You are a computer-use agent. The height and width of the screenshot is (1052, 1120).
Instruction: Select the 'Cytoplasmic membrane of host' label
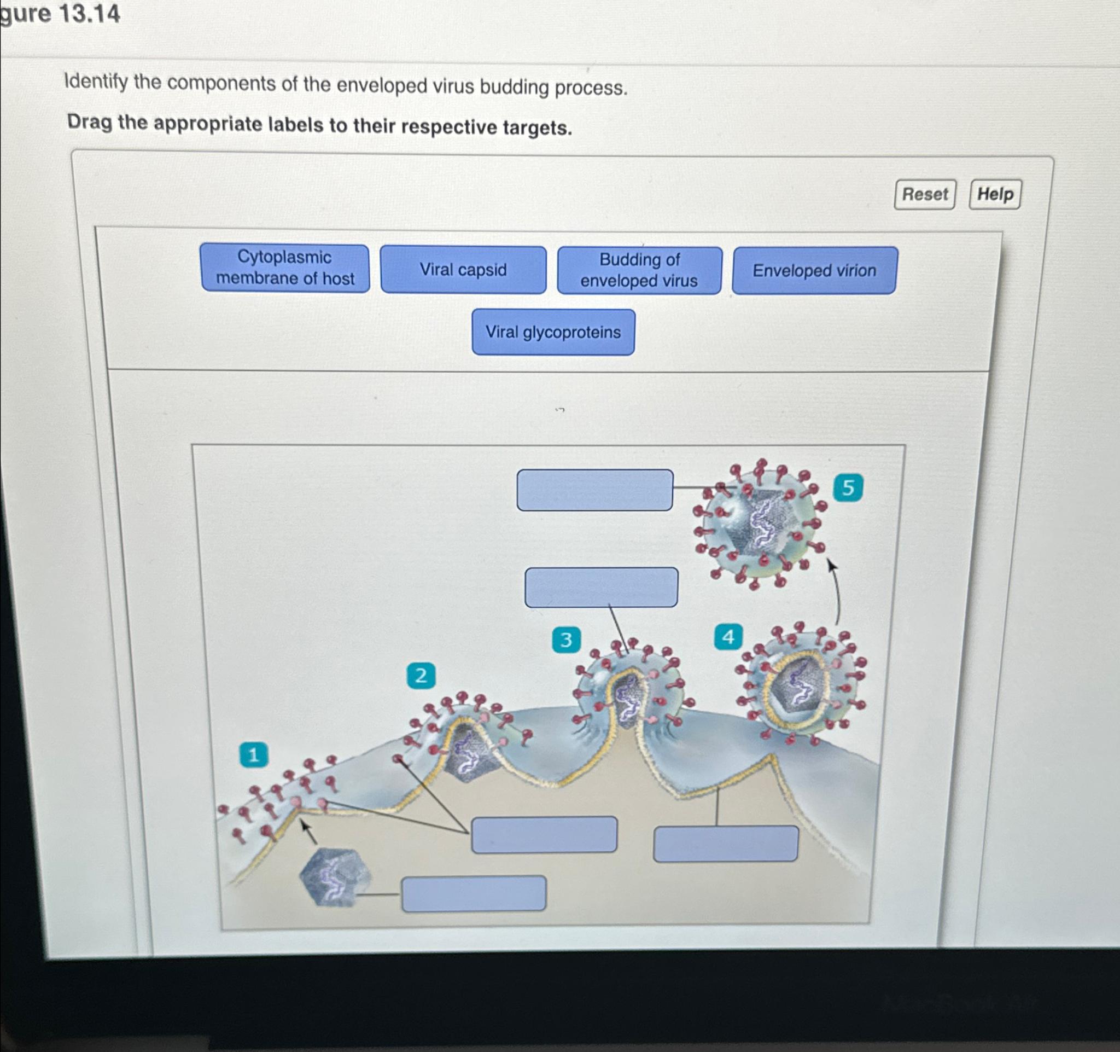[285, 268]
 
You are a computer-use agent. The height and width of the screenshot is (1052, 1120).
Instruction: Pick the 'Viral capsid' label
[463, 270]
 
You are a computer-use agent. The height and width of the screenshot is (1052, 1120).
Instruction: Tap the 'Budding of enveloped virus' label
[639, 270]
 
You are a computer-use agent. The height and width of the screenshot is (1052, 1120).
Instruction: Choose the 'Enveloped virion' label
[814, 271]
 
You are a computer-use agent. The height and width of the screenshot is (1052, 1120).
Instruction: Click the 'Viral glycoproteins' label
[553, 332]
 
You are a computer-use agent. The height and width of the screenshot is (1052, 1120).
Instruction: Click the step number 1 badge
[253, 754]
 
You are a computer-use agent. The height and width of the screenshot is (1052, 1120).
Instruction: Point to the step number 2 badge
[421, 675]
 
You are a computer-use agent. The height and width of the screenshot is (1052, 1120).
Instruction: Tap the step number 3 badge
[565, 640]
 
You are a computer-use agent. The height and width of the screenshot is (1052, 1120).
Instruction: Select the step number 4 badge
[728, 637]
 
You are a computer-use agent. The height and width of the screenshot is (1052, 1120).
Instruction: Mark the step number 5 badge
[847, 487]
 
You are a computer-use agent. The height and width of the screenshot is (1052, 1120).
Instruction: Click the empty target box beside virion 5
[594, 490]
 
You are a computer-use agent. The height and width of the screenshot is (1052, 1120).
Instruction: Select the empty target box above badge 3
[601, 587]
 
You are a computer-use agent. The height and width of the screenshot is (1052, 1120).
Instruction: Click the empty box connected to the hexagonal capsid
[473, 893]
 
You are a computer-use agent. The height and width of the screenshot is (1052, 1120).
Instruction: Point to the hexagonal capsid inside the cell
[334, 877]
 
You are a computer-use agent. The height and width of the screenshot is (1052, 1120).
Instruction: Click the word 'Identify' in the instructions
[96, 82]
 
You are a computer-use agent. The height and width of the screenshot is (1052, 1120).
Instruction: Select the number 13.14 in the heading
[89, 14]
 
